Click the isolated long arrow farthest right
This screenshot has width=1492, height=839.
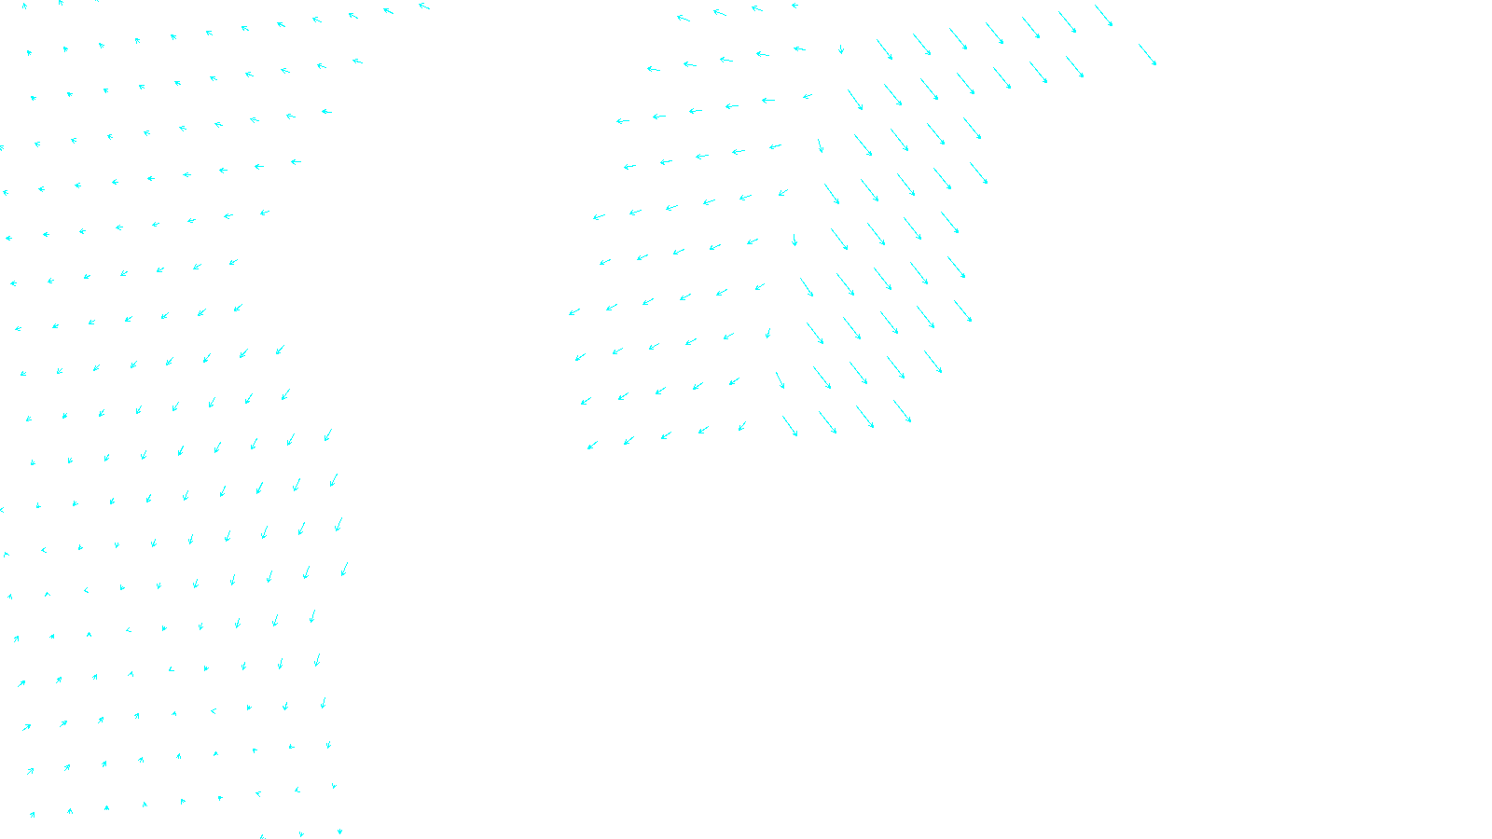click(x=1147, y=54)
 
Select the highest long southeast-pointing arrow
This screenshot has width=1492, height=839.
click(x=1103, y=15)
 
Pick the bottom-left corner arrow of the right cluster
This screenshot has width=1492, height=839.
click(x=592, y=446)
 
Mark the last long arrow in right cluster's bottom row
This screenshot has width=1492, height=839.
click(x=902, y=411)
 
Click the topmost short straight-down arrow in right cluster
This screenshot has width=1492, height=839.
click(x=841, y=48)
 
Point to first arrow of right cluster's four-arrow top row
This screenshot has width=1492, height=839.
click(x=683, y=18)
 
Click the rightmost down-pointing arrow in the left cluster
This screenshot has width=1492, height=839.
click(x=344, y=569)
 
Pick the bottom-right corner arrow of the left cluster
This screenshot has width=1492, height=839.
click(x=339, y=831)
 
